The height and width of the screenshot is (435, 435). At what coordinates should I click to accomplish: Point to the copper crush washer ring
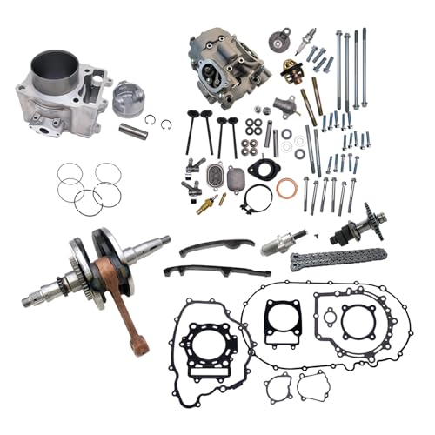coord(286,187)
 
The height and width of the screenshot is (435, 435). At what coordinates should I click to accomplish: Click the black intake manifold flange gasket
coord(258,168)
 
